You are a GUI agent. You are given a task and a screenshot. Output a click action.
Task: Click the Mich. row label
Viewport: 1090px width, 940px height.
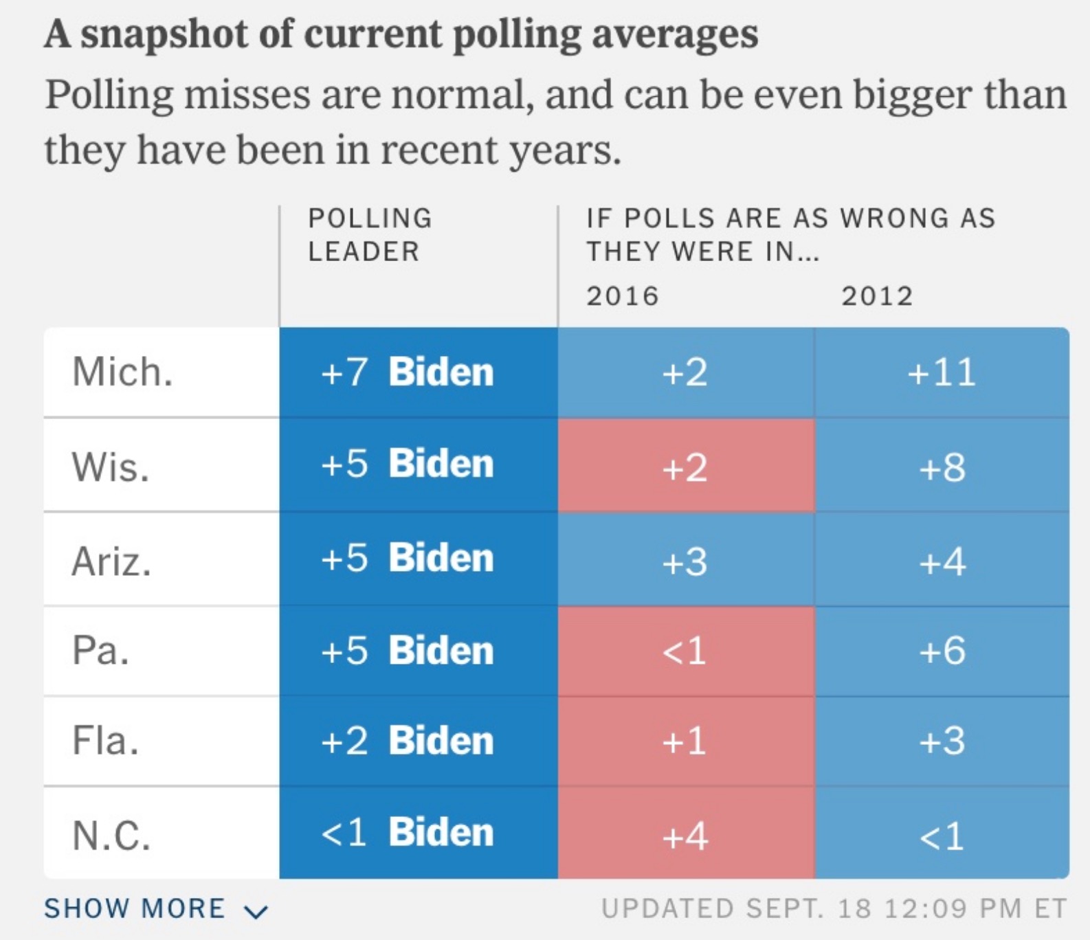tap(122, 372)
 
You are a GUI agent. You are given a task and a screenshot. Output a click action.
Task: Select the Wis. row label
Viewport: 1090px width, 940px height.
tap(111, 467)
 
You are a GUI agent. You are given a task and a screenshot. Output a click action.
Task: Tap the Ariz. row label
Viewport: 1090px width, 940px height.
tap(111, 561)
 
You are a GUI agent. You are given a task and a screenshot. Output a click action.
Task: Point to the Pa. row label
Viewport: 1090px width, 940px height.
tap(100, 650)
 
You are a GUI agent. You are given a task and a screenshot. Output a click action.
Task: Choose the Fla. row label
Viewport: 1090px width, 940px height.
tap(105, 741)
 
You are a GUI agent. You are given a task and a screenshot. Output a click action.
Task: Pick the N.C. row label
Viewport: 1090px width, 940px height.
tap(111, 835)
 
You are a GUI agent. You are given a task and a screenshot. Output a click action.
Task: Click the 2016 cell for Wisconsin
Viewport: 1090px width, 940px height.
tap(685, 467)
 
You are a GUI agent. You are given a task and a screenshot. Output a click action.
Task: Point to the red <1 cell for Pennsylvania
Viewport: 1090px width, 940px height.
tap(685, 650)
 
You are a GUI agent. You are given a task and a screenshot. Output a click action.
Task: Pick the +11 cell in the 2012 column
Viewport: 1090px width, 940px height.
tap(942, 372)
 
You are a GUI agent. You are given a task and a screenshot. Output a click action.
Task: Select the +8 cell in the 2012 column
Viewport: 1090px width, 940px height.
tap(942, 467)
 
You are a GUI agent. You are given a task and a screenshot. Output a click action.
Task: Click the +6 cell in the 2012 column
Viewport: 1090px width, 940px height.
tap(942, 650)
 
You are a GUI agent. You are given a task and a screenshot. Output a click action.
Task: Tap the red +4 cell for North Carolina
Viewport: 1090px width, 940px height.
tap(685, 836)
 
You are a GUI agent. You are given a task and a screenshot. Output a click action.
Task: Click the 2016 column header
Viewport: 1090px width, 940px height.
tap(623, 296)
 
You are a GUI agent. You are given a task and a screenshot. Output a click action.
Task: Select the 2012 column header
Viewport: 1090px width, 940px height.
tap(877, 296)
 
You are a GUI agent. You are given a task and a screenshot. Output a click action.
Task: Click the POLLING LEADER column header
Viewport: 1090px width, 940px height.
tap(370, 234)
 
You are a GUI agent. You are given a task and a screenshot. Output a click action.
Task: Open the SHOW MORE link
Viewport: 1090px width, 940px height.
tap(156, 909)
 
